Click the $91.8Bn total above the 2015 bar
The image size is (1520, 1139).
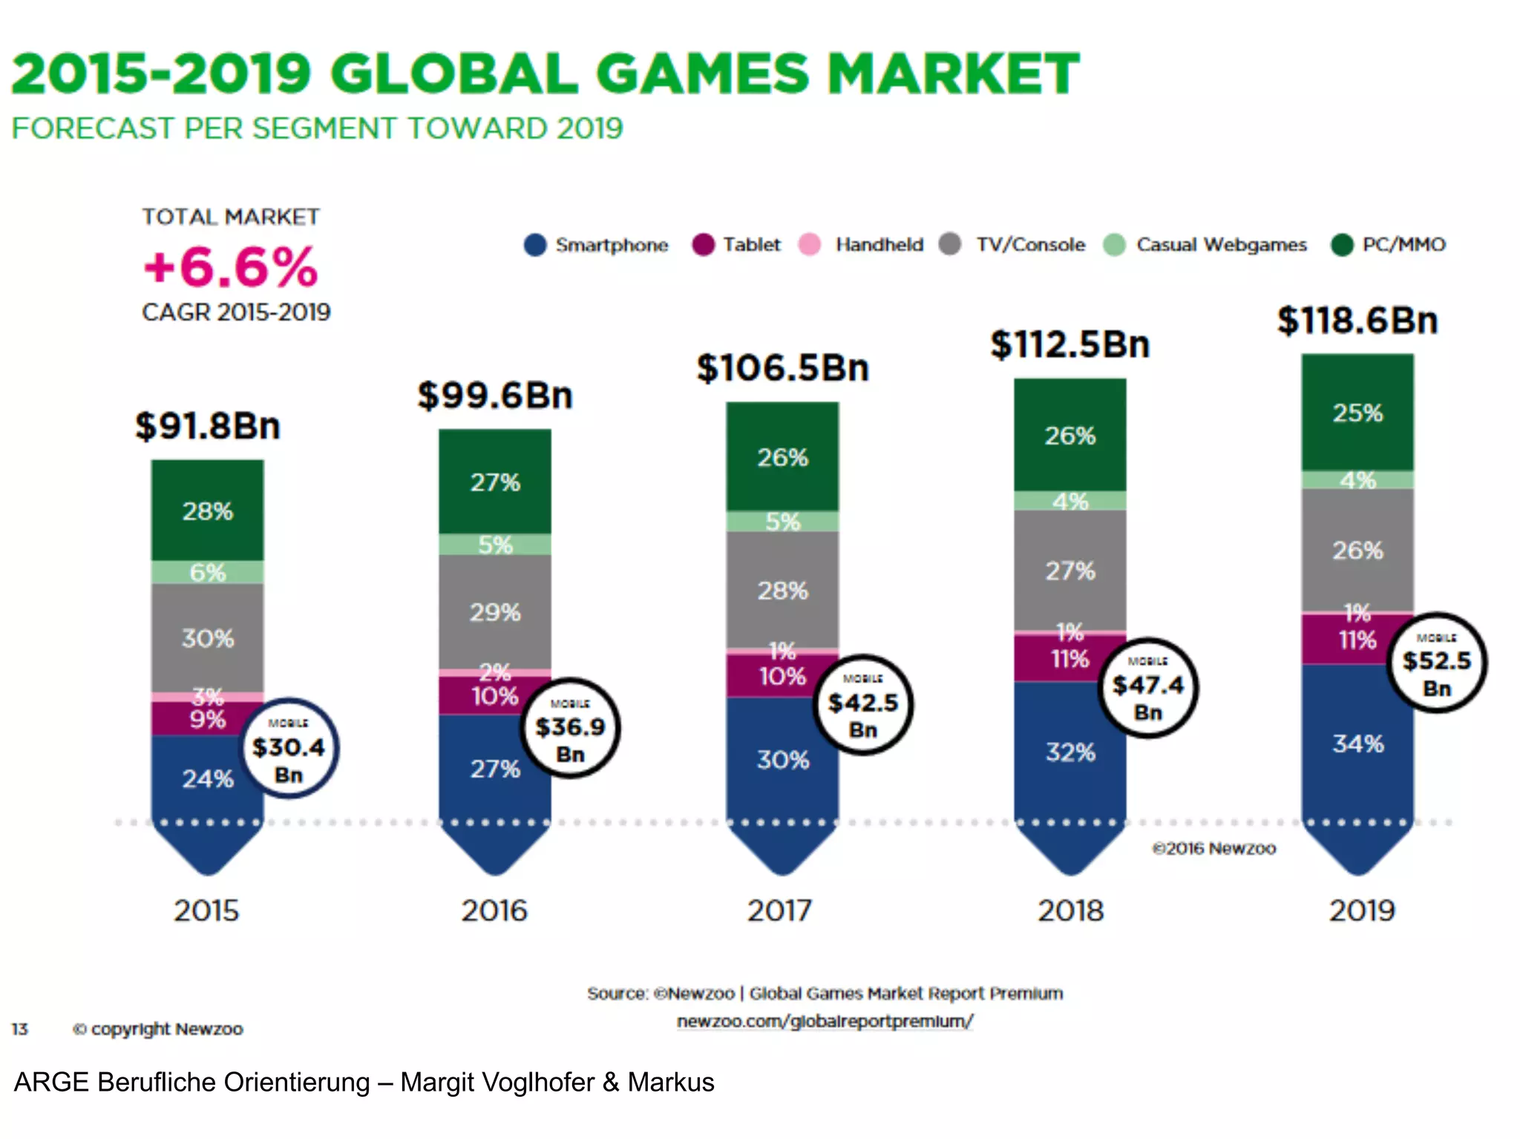pyautogui.click(x=207, y=426)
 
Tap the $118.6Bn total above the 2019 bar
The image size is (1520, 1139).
pyautogui.click(x=1357, y=321)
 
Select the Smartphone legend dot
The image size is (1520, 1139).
pyautogui.click(x=534, y=245)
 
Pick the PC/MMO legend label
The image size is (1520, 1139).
pyautogui.click(x=1403, y=245)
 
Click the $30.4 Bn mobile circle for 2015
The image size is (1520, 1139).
pyautogui.click(x=289, y=748)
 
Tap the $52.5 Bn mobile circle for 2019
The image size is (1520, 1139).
pyautogui.click(x=1436, y=662)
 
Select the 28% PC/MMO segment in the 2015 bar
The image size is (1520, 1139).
pyautogui.click(x=207, y=511)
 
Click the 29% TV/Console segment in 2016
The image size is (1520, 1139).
pyautogui.click(x=495, y=612)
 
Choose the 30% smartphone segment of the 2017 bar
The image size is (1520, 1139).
pyautogui.click(x=782, y=760)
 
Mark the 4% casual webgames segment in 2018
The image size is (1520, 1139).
pyautogui.click(x=1069, y=501)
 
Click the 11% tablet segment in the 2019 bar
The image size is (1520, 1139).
pyautogui.click(x=1357, y=640)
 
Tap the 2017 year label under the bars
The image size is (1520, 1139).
pyautogui.click(x=779, y=910)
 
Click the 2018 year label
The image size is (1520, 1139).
pyautogui.click(x=1070, y=910)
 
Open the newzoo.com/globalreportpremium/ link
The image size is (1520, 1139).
pyautogui.click(x=825, y=1021)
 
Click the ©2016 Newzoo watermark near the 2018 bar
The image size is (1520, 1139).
pyautogui.click(x=1213, y=848)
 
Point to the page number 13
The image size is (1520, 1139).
pyautogui.click(x=19, y=1029)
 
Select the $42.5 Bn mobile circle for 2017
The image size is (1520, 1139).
pyautogui.click(x=862, y=704)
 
